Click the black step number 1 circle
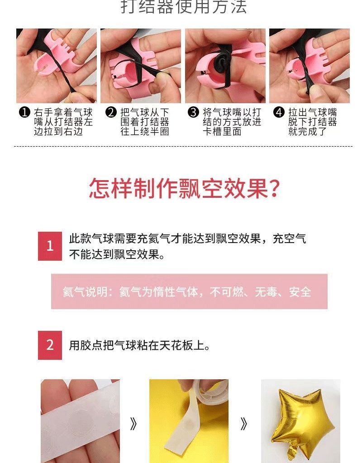(24, 112)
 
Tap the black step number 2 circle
(111, 112)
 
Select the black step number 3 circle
(193, 112)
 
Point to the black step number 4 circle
(279, 112)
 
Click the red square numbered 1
(50, 246)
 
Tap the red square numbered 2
(50, 345)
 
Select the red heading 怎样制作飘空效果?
(184, 188)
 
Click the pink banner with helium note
(189, 291)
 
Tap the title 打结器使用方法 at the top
(184, 6)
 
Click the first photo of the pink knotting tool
(57, 66)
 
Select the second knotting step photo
(141, 66)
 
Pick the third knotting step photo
(225, 66)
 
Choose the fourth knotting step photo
(310, 66)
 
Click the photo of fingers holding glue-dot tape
(80, 421)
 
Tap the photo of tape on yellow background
(189, 421)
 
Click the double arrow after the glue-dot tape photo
(133, 425)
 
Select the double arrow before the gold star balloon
(243, 425)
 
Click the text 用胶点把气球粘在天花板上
(139, 345)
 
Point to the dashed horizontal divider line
(183, 146)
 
